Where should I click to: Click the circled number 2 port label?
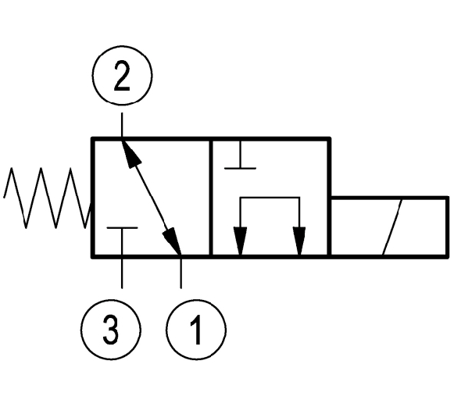click(x=122, y=75)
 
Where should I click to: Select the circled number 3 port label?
click(x=111, y=330)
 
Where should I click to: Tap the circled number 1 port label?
click(x=196, y=330)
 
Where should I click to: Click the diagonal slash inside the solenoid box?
click(x=392, y=227)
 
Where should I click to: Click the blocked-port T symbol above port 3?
click(x=122, y=228)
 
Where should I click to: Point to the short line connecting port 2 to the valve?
click(x=122, y=125)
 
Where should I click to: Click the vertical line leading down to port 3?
click(x=122, y=273)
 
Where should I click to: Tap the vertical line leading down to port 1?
click(x=181, y=273)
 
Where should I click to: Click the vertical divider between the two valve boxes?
click(x=211, y=198)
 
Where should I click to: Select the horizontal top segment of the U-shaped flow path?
click(x=270, y=198)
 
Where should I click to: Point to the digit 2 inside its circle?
click(x=122, y=76)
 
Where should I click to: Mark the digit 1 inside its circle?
click(x=196, y=330)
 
